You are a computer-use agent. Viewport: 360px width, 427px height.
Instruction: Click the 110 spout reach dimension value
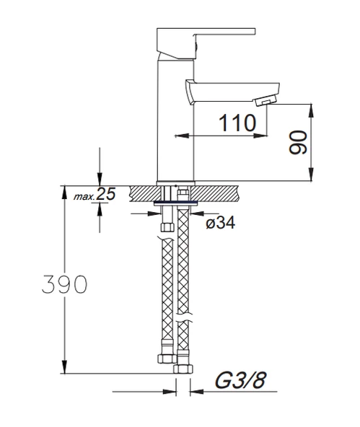pos(237,123)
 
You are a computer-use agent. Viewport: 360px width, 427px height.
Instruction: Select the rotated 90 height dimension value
pos(298,142)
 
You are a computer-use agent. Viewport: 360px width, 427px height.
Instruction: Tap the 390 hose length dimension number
pos(64,284)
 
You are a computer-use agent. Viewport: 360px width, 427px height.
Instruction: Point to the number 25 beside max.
pos(106,194)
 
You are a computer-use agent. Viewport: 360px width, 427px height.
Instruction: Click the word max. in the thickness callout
pos(84,196)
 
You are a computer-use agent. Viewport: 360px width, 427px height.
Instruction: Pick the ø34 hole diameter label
pos(220,224)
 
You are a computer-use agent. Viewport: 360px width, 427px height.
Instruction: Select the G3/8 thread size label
pos(240,380)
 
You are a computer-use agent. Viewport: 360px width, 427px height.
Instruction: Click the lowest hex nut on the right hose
pos(183,369)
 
